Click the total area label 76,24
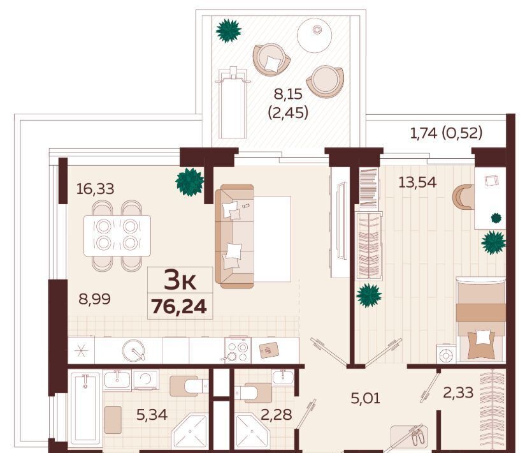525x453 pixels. click(179, 306)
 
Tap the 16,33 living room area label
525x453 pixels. click(95, 189)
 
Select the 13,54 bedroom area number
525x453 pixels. click(417, 182)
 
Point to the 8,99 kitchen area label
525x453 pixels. click(94, 299)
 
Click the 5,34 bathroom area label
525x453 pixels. click(152, 415)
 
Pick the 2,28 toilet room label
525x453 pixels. click(277, 415)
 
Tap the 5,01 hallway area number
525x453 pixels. click(365, 398)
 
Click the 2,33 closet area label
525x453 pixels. click(458, 392)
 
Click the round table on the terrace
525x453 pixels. click(314, 35)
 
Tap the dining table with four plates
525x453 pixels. click(117, 235)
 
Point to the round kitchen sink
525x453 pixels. click(134, 351)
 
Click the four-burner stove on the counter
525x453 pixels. click(238, 350)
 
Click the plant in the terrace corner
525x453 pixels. click(229, 31)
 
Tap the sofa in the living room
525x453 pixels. click(234, 236)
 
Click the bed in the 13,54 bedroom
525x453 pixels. click(481, 319)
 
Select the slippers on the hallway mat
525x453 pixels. click(417, 437)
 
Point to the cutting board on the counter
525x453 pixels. click(270, 350)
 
